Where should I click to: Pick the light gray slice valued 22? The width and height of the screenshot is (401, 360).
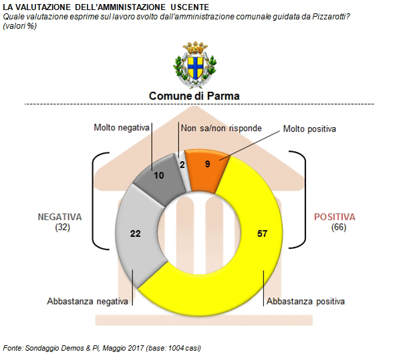coord(138,236)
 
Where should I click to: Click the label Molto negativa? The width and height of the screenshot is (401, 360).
coord(122,128)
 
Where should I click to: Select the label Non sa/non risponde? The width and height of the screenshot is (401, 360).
coord(221,128)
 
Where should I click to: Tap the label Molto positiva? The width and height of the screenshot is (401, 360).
coord(309,128)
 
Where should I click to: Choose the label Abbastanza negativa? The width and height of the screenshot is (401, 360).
coord(88,301)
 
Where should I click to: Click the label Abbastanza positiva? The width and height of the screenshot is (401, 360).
coord(305,301)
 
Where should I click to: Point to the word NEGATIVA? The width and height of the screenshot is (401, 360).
coord(60,217)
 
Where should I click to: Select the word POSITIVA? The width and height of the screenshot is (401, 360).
coord(335,217)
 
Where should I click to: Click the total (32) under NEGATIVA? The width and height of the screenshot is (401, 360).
coord(63,228)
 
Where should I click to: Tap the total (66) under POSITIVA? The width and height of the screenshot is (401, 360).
coord(339,228)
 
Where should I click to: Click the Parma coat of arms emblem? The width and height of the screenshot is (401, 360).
coord(195,65)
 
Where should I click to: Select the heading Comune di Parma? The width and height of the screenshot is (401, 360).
coord(194,96)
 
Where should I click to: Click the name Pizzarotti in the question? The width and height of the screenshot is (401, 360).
coord(329,17)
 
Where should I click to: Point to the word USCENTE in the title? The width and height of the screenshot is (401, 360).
coord(190,7)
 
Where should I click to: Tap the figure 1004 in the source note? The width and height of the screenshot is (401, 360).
coord(175,348)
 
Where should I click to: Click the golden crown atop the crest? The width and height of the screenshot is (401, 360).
coord(195,48)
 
